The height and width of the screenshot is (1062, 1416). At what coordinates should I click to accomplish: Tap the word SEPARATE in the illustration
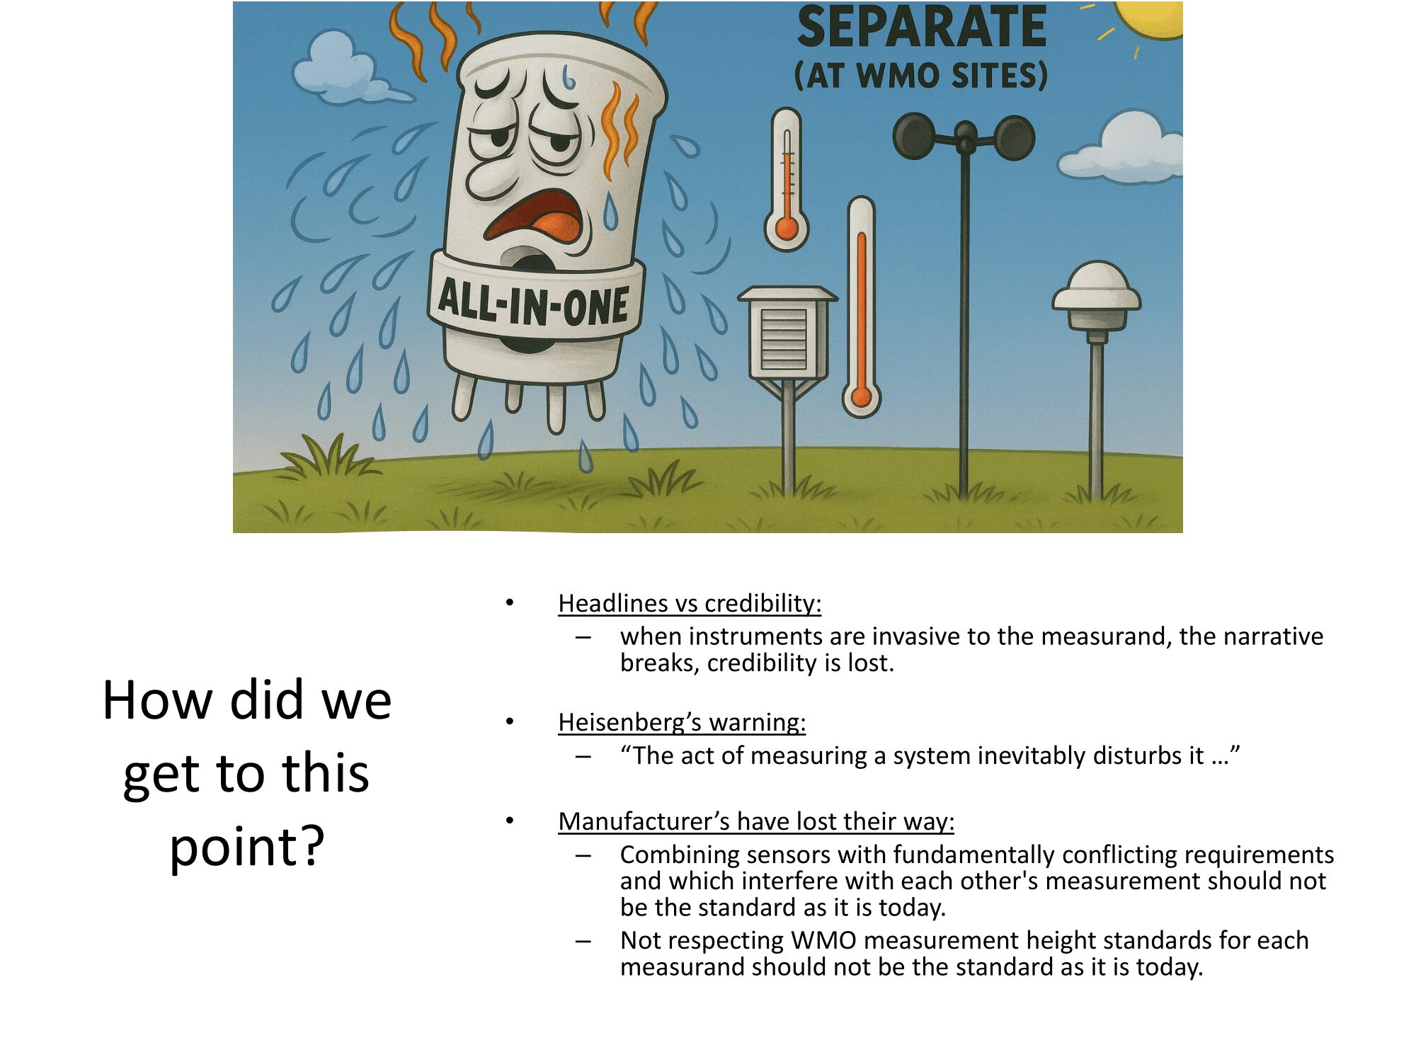(x=922, y=27)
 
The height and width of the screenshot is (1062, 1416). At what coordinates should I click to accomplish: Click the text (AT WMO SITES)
(x=921, y=75)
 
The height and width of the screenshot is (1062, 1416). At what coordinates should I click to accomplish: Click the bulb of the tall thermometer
(x=861, y=396)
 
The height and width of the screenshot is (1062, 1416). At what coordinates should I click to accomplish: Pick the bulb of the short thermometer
(x=787, y=228)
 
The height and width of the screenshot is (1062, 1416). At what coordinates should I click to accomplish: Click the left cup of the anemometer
(x=915, y=136)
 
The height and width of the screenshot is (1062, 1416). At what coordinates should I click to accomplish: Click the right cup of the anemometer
(x=1014, y=137)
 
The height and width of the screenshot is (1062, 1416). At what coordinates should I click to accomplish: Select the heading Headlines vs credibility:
(x=690, y=603)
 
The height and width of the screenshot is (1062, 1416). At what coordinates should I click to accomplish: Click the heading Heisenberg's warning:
(x=682, y=722)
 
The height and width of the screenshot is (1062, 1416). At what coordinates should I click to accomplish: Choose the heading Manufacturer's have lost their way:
(x=756, y=821)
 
